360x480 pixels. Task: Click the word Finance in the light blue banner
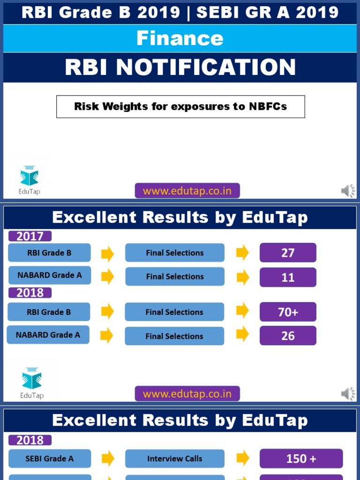click(x=180, y=38)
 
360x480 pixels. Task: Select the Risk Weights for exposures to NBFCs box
click(x=180, y=106)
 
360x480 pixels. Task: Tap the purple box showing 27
click(x=288, y=253)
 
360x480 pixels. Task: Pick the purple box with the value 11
click(x=288, y=277)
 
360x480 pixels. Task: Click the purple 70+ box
click(x=288, y=312)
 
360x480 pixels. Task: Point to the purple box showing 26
click(x=288, y=336)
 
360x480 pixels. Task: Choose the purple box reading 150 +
click(x=301, y=458)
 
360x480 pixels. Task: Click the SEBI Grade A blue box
click(x=50, y=458)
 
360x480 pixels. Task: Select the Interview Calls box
click(x=174, y=458)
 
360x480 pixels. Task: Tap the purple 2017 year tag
click(x=30, y=236)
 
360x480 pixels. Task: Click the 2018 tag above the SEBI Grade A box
click(x=30, y=440)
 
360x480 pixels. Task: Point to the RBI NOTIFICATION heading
click(x=180, y=67)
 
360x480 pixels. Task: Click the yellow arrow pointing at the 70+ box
click(x=242, y=311)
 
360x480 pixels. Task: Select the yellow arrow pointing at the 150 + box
click(x=242, y=458)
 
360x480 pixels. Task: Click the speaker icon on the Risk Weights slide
click(x=348, y=191)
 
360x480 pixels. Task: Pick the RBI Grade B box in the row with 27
click(x=49, y=253)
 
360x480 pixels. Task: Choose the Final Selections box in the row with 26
click(x=174, y=336)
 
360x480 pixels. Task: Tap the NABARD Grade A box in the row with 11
click(x=49, y=275)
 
